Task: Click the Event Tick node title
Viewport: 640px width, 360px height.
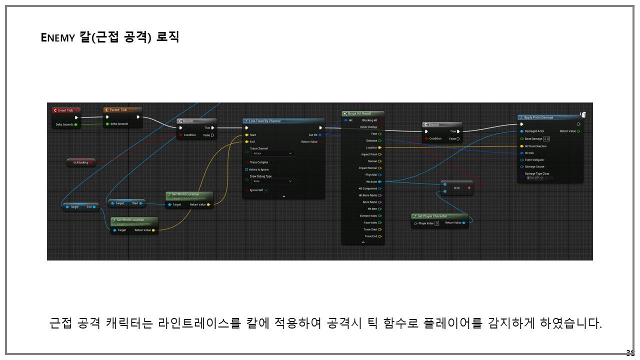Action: (x=65, y=110)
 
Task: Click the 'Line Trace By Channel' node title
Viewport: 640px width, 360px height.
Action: (x=265, y=121)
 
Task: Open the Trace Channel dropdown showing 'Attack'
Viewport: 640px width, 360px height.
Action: (x=272, y=153)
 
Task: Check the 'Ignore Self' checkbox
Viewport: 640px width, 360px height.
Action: (x=266, y=190)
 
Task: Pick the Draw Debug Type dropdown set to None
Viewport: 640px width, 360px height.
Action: (x=272, y=181)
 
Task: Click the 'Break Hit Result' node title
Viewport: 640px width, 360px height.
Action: (x=359, y=113)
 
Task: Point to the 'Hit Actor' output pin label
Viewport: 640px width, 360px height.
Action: (x=371, y=181)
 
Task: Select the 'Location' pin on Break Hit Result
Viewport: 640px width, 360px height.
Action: (x=371, y=147)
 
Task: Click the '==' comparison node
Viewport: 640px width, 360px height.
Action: (x=456, y=188)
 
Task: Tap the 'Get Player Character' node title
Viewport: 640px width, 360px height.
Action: (x=432, y=216)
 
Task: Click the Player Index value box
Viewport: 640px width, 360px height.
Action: (x=436, y=223)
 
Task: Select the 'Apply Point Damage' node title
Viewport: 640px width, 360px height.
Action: (x=538, y=117)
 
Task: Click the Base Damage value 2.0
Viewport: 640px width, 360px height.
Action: (x=546, y=138)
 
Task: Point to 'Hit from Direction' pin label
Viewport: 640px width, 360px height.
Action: (x=535, y=146)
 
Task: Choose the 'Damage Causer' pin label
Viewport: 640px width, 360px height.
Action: (x=534, y=166)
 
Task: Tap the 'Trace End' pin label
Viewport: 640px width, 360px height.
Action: (x=370, y=236)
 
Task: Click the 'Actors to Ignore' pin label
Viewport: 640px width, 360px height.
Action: (x=259, y=169)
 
